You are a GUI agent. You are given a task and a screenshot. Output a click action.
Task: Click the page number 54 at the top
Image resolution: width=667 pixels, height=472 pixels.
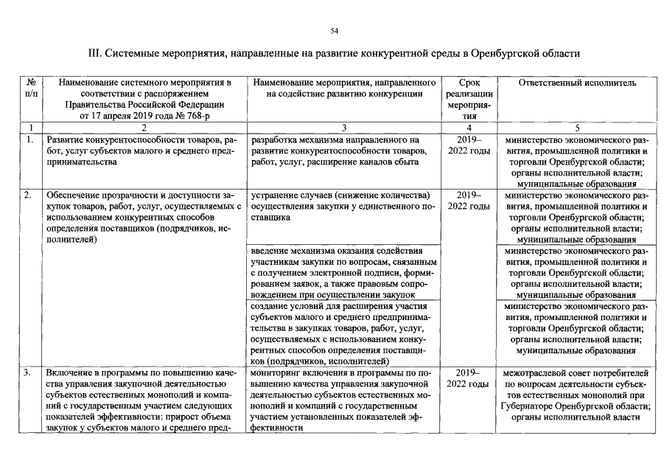pos(334,30)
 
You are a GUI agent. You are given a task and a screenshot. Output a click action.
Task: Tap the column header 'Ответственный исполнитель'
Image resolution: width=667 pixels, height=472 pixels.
pos(577,83)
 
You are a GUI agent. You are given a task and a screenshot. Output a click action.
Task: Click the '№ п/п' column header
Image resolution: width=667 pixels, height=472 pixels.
pos(32,88)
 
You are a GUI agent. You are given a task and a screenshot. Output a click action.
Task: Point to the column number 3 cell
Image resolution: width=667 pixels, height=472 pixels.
pos(343,128)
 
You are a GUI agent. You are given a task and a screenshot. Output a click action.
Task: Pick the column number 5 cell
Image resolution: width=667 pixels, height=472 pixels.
pos(577,128)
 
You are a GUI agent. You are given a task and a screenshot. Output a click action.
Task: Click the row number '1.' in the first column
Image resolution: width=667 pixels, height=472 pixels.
pos(28,139)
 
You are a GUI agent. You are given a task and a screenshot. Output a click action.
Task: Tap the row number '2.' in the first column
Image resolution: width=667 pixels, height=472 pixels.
pos(28,195)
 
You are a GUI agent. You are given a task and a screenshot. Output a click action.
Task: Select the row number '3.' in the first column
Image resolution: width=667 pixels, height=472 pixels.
pos(28,373)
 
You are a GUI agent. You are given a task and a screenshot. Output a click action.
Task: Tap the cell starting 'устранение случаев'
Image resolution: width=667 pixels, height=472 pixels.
pos(343,206)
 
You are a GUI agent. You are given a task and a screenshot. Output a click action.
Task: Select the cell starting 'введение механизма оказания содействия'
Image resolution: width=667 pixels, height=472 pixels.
pos(343,273)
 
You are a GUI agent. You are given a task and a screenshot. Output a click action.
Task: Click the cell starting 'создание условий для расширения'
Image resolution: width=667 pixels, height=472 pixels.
pos(343,333)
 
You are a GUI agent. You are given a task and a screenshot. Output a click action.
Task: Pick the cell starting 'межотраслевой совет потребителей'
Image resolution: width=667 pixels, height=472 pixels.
pos(577,395)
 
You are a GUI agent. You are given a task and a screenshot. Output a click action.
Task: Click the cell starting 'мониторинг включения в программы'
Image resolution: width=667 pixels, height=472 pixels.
pos(343,400)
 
